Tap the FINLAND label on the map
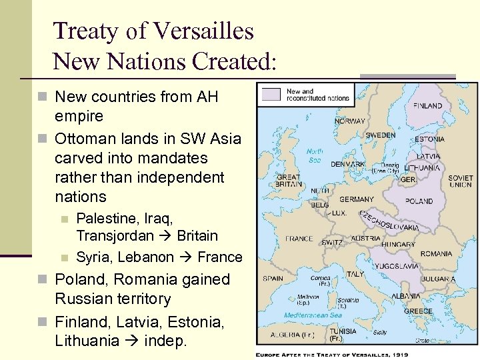427,105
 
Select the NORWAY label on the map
349,121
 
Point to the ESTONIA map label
429,139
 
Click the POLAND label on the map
419,201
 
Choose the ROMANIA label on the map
436,254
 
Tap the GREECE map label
418,311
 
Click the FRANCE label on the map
299,238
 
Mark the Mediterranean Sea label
313,315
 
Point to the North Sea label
315,155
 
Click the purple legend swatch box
271,93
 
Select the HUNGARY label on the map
398,245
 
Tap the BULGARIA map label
439,279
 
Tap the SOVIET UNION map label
461,182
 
